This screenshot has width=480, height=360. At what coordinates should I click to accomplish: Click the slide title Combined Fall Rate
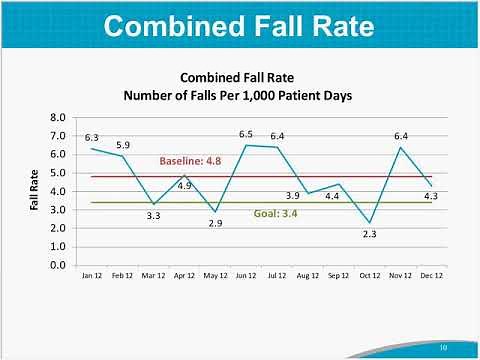click(x=239, y=26)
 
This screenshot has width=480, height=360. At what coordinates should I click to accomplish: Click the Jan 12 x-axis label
click(x=92, y=275)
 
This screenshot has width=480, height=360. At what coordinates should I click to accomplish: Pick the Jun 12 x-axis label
click(x=246, y=275)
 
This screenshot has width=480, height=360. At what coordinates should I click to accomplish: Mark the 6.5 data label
click(x=246, y=133)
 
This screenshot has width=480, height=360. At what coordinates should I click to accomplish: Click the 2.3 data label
click(x=370, y=234)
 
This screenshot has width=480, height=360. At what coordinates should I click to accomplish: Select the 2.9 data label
click(x=215, y=223)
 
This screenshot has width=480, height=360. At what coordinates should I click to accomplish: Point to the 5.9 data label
click(x=123, y=145)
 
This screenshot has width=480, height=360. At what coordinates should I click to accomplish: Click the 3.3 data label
click(x=153, y=215)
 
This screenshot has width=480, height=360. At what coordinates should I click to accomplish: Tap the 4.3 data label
click(x=430, y=196)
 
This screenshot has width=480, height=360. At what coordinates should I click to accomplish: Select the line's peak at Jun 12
click(x=246, y=145)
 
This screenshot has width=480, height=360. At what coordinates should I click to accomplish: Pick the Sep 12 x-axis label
click(x=338, y=275)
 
